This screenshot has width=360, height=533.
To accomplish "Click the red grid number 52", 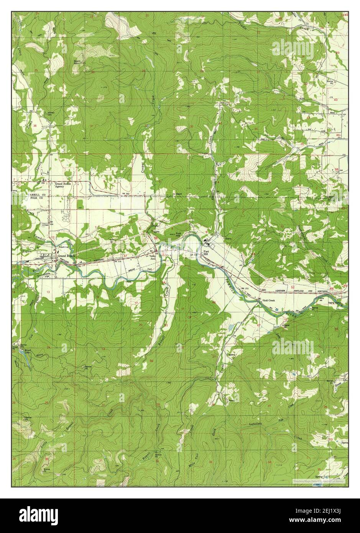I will [293, 287].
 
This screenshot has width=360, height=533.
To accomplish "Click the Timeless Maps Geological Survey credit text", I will [319, 480].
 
